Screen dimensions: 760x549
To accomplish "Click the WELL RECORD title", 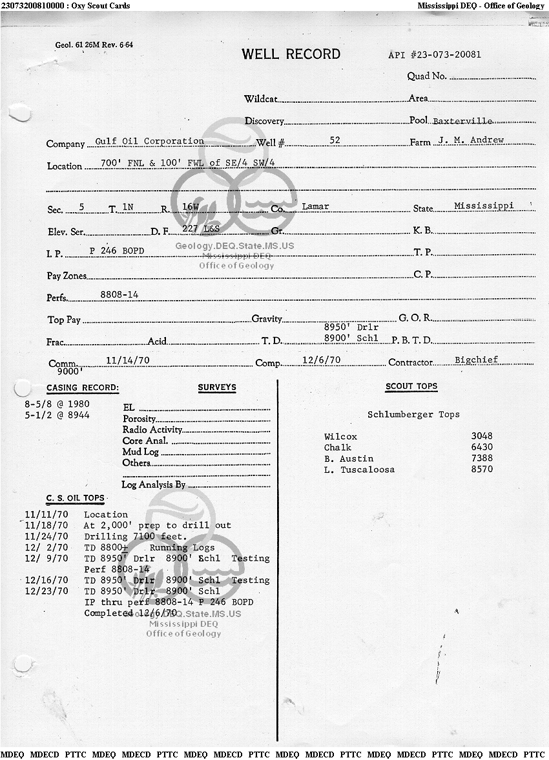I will [291, 54].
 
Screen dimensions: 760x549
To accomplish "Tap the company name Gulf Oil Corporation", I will [149, 141].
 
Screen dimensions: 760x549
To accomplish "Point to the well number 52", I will [335, 140].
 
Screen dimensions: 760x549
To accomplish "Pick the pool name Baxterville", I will [462, 121].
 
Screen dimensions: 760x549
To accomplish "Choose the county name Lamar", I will [315, 206].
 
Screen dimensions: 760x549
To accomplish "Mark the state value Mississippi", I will [484, 206].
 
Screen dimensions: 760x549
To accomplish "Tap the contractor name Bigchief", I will [477, 360].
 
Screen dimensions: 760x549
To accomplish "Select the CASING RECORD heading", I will [83, 388].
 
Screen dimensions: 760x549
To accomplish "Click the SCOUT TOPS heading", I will [411, 386].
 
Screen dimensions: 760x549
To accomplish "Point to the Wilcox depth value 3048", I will [482, 437].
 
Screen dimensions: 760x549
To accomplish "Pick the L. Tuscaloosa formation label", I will [359, 470].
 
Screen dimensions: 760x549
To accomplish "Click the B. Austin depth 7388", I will [482, 459].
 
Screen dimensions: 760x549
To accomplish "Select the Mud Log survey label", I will [140, 452].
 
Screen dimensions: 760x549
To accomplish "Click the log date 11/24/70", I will [46, 536].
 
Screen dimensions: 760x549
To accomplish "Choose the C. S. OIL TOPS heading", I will [75, 498].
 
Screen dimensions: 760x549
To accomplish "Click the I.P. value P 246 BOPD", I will [117, 250].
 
